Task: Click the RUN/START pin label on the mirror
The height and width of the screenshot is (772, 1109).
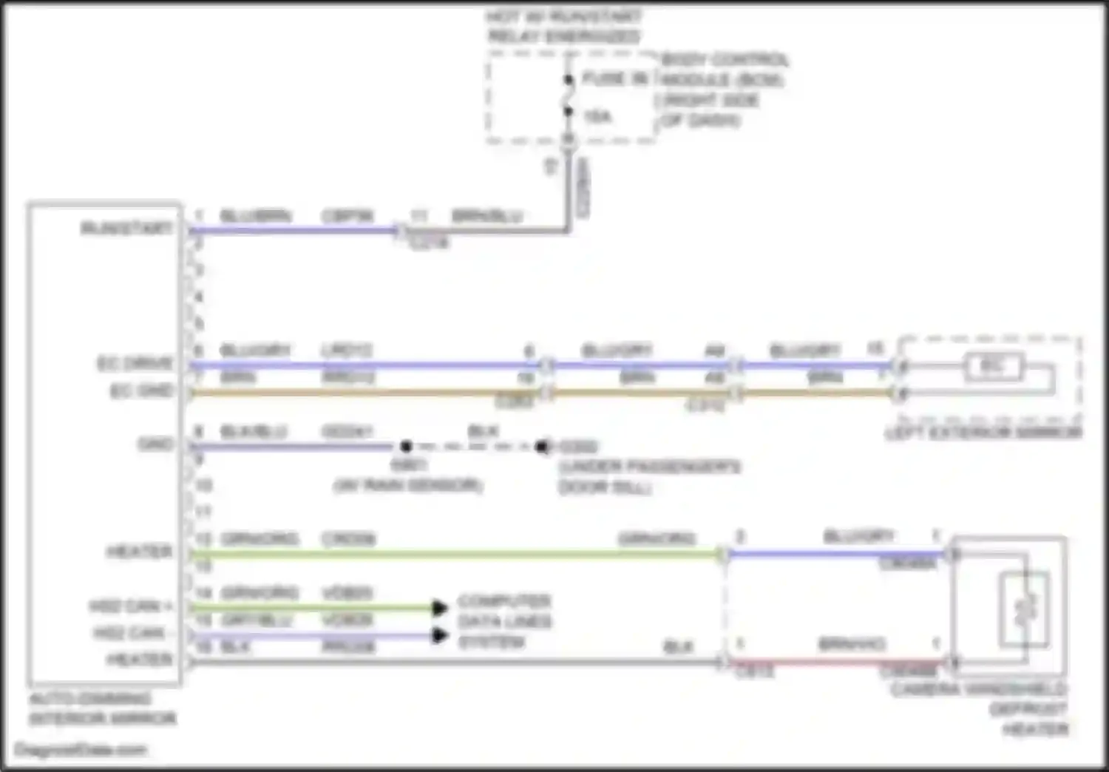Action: click(126, 228)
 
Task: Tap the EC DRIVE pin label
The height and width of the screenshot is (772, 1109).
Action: click(135, 364)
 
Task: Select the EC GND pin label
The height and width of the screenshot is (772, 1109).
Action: click(141, 391)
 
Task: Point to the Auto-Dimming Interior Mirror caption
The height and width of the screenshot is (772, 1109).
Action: click(102, 708)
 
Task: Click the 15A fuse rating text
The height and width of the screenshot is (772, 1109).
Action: click(597, 117)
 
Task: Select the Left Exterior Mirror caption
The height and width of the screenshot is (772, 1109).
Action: click(983, 433)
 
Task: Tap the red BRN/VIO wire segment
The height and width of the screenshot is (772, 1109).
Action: click(835, 663)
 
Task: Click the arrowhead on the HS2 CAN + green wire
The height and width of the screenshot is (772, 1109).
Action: click(440, 608)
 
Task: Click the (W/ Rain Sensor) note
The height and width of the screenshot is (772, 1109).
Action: click(408, 486)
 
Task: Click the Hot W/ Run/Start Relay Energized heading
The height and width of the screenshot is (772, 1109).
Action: click(564, 26)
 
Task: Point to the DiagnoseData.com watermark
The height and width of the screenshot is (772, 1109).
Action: click(81, 750)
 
